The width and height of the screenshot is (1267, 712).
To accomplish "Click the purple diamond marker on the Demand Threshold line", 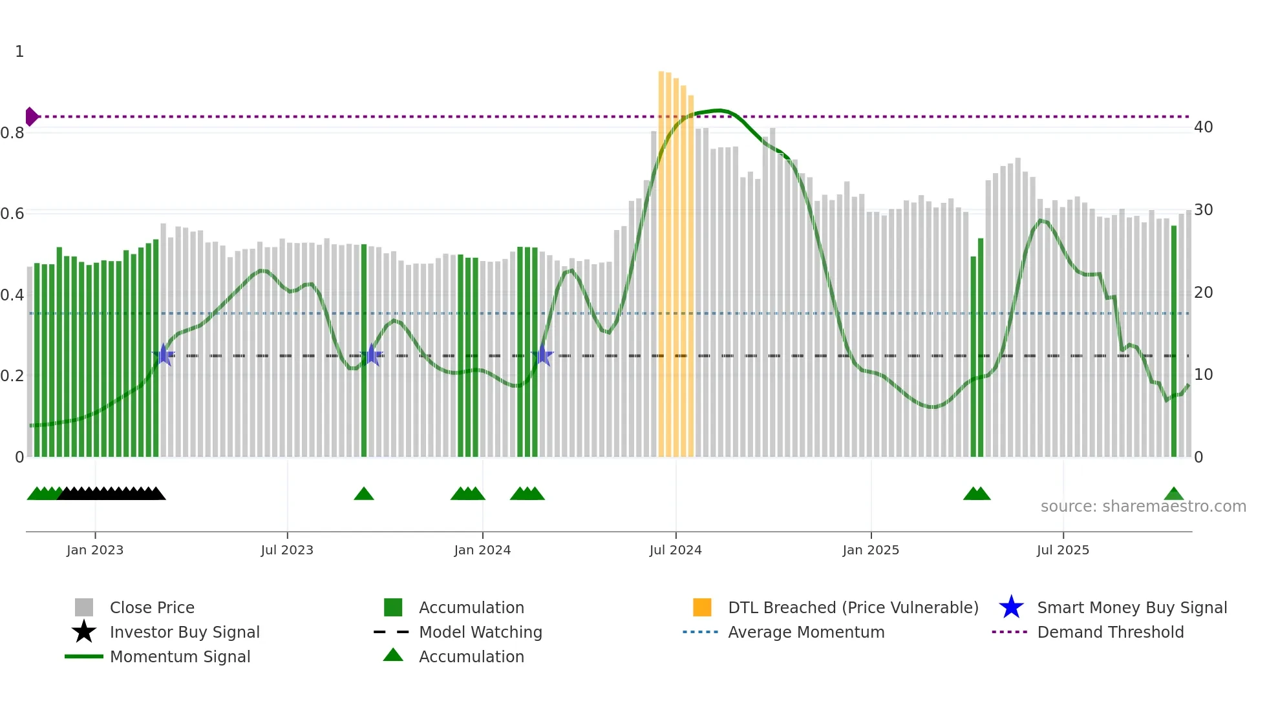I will click(31, 117).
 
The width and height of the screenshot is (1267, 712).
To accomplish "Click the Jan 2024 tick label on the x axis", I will click(482, 550).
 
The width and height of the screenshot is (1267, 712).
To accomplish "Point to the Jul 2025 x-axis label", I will click(1063, 550).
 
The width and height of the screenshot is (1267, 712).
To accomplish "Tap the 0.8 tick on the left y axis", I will click(12, 133).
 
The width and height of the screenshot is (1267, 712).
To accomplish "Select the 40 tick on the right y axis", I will click(1203, 127).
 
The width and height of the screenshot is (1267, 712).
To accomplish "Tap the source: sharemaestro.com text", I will click(1143, 507).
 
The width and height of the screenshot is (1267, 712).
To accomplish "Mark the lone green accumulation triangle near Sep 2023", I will click(364, 494).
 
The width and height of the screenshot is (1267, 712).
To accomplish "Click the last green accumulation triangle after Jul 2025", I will click(1173, 494).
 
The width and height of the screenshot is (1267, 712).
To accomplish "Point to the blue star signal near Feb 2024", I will click(543, 355).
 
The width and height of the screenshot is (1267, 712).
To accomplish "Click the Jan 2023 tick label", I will click(95, 550).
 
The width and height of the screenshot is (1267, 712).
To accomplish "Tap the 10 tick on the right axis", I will click(1203, 375).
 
